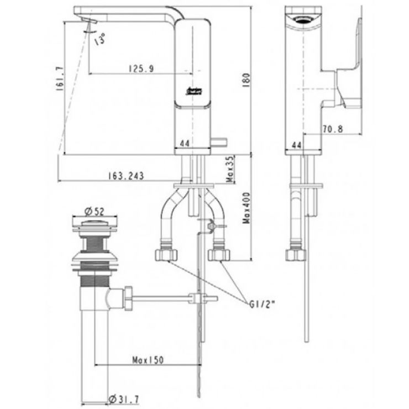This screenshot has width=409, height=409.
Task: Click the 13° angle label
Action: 99,40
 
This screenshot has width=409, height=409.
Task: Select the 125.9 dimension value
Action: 141,68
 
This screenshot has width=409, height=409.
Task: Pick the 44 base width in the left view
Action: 187,144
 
